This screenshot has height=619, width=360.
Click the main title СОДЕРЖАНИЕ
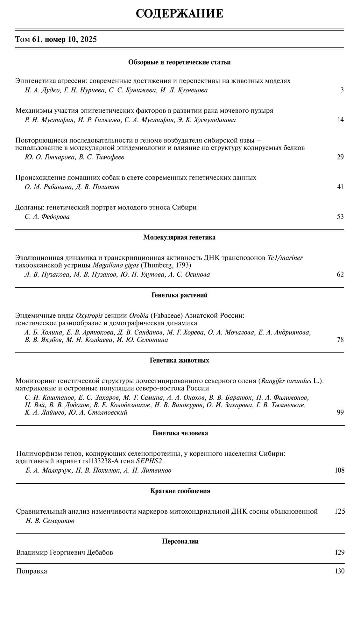180,14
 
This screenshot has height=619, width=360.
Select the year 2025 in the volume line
88,39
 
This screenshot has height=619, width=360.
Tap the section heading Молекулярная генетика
179,237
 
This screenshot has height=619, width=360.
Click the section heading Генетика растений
179,295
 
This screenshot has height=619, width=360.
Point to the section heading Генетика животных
179,360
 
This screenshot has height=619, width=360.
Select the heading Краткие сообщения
180,491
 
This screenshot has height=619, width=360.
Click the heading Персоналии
180,541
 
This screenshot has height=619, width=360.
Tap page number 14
340,120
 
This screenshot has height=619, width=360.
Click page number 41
340,187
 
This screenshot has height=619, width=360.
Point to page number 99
340,412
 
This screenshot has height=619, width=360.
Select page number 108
339,470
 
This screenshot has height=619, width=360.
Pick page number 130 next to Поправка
340,571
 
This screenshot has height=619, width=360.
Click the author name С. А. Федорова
47,217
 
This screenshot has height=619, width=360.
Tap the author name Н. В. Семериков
50,521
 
